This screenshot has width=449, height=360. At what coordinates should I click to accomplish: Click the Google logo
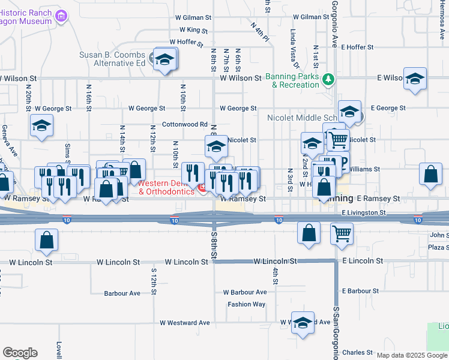tap(20, 353)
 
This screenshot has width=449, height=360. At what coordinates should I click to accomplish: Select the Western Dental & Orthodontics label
tap(167, 187)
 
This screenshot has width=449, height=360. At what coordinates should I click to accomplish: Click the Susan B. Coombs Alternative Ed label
tap(113, 58)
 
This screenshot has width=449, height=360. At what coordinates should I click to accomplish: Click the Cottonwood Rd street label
tap(185, 124)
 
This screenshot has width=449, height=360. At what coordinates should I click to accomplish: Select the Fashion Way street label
tap(246, 304)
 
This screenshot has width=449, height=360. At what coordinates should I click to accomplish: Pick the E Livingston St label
tap(364, 212)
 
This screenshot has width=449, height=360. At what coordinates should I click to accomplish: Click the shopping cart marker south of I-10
tap(342, 233)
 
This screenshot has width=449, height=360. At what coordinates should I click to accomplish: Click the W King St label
tap(193, 29)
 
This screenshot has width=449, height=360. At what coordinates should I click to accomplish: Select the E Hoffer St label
tap(357, 47)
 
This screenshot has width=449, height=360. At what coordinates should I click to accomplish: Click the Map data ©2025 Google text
tap(412, 355)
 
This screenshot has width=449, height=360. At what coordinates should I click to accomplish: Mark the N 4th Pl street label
tap(258, 28)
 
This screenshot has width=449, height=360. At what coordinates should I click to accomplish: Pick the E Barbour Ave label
tap(360, 291)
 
